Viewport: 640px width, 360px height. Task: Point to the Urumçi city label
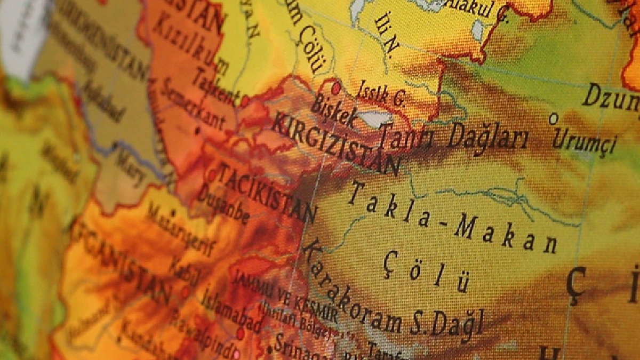[584, 140]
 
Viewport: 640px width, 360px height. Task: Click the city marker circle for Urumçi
[554, 117]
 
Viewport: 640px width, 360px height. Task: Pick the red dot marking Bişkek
[335, 85]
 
